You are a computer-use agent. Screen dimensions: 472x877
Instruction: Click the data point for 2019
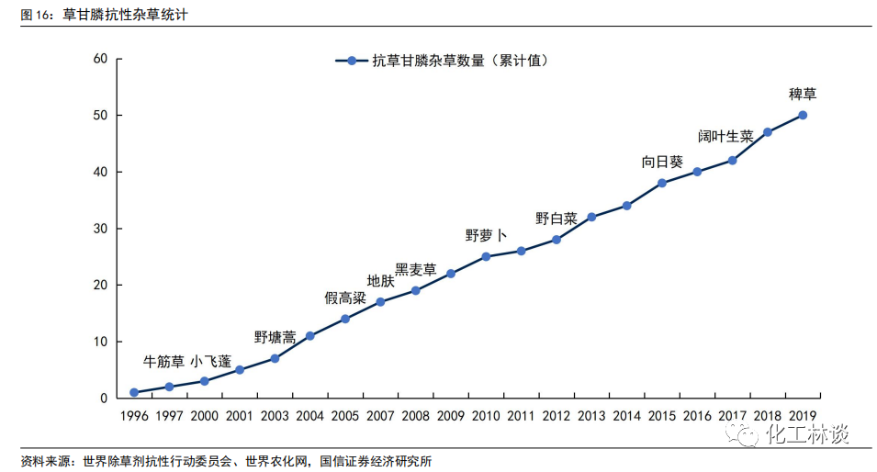pyautogui.click(x=803, y=115)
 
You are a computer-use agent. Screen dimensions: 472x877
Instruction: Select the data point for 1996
pyautogui.click(x=134, y=392)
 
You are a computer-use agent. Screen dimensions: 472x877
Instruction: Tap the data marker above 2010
pyautogui.click(x=486, y=256)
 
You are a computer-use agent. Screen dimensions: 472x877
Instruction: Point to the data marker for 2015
pyautogui.click(x=661, y=183)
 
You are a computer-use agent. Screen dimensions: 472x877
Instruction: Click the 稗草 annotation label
pyautogui.click(x=803, y=94)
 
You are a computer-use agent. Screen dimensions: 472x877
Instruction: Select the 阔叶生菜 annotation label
pyautogui.click(x=725, y=136)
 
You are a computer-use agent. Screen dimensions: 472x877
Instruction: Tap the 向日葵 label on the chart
pyautogui.click(x=662, y=162)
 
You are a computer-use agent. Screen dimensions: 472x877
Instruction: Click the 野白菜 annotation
pyautogui.click(x=557, y=219)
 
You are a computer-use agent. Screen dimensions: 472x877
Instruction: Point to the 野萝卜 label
pyautogui.click(x=486, y=235)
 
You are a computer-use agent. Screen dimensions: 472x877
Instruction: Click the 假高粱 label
pyautogui.click(x=345, y=298)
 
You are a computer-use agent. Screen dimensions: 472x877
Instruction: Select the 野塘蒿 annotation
pyautogui.click(x=275, y=337)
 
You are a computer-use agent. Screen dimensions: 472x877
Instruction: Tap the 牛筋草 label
pyautogui.click(x=164, y=361)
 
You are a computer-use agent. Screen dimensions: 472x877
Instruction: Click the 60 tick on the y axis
pyautogui.click(x=101, y=59)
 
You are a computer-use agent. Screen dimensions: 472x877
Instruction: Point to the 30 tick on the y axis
pyautogui.click(x=101, y=229)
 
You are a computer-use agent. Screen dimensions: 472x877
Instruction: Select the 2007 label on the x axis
pyautogui.click(x=380, y=416)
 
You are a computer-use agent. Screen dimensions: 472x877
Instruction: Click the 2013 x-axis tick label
pyautogui.click(x=591, y=416)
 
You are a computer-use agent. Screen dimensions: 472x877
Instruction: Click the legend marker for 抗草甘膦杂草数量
pyautogui.click(x=351, y=62)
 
